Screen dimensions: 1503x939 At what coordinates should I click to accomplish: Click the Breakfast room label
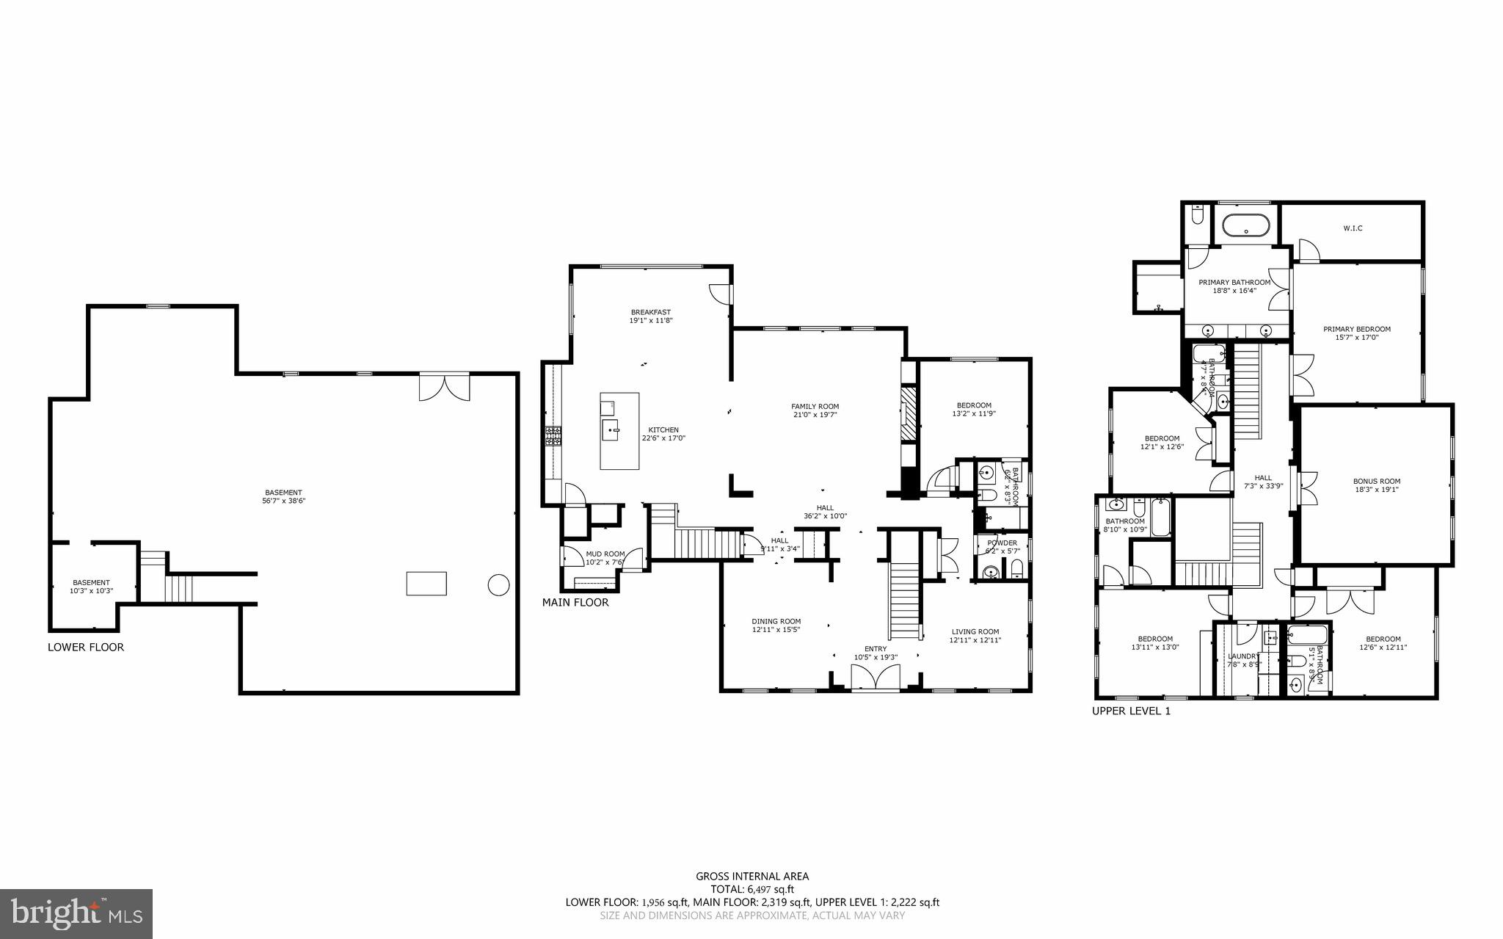point(650,312)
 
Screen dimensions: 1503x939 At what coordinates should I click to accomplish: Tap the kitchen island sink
point(609,429)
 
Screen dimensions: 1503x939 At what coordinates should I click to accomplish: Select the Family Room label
point(815,406)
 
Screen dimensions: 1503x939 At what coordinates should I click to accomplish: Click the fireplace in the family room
point(909,416)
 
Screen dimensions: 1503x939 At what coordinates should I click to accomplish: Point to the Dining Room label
point(776,621)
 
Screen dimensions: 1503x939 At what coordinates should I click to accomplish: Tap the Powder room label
point(1002,543)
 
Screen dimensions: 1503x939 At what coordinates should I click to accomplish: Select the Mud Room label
point(605,554)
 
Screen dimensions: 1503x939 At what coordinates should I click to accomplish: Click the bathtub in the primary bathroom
point(1245,225)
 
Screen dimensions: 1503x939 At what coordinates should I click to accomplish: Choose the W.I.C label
point(1353,228)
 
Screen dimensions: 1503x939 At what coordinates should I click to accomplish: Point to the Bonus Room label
point(1376,482)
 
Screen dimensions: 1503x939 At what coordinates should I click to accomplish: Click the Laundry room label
point(1243,656)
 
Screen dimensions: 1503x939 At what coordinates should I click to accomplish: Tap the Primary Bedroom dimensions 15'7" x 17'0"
point(1356,338)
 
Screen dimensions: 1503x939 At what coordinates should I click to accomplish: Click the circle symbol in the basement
point(498,584)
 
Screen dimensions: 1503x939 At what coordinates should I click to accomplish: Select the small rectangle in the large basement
point(426,583)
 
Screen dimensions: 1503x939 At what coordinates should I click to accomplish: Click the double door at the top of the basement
point(444,387)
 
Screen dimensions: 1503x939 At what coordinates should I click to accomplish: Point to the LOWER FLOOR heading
point(86,648)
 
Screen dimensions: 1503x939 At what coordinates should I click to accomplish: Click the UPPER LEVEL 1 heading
point(1131,711)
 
